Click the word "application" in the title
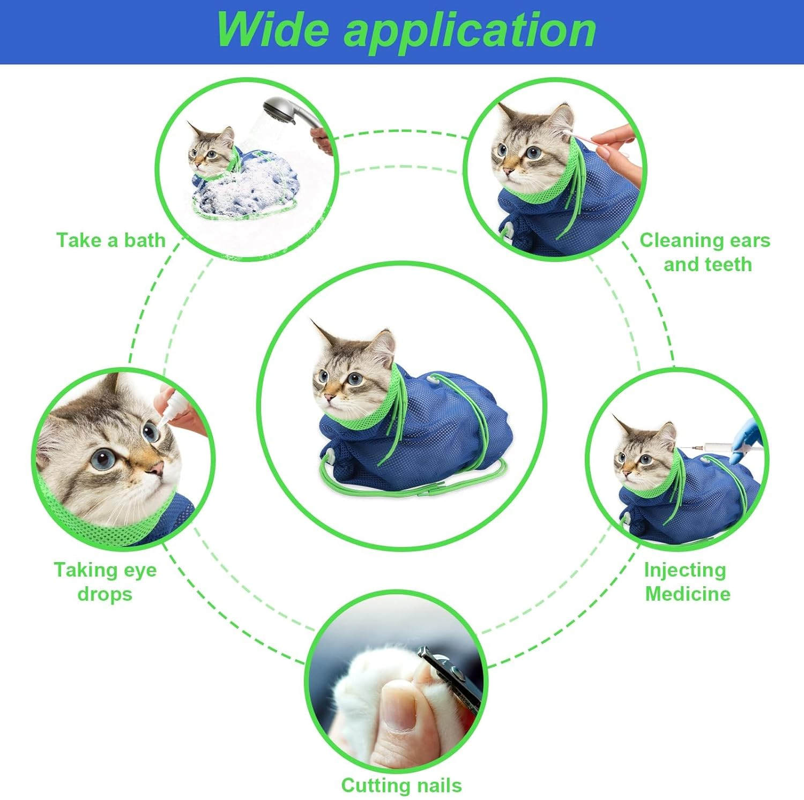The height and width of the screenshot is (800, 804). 470,31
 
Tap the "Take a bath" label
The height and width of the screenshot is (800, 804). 111,240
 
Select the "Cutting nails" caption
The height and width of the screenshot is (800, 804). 401,785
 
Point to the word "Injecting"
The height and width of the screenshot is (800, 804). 685,570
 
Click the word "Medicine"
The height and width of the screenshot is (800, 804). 688,594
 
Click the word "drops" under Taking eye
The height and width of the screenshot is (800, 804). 105,594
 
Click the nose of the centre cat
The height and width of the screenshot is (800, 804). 328,397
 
